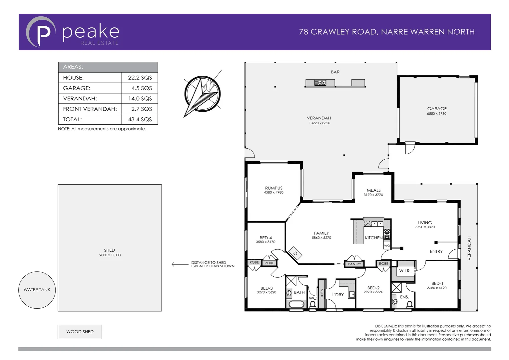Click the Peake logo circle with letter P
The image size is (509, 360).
(x=41, y=32)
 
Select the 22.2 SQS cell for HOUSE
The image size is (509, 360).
(x=140, y=78)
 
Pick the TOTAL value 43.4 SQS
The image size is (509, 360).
(x=140, y=119)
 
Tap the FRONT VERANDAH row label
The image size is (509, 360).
(x=90, y=109)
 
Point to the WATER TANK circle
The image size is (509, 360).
(x=37, y=290)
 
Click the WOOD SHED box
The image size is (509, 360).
(x=80, y=332)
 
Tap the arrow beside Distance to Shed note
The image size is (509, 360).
(x=180, y=264)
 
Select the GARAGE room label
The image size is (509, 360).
(x=437, y=109)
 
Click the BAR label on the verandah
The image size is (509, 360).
(x=335, y=72)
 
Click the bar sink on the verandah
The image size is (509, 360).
(x=320, y=83)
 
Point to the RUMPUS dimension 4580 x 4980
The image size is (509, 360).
(x=273, y=193)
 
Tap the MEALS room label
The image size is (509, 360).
(x=373, y=190)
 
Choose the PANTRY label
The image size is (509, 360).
(x=354, y=264)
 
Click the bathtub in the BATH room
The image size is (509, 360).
(x=296, y=304)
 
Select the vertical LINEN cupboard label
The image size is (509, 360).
(x=322, y=293)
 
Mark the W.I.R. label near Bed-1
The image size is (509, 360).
(x=405, y=271)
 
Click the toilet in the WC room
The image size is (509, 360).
(x=312, y=304)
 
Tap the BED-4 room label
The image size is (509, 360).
(x=265, y=238)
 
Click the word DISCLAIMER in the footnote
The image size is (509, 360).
(x=386, y=326)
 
